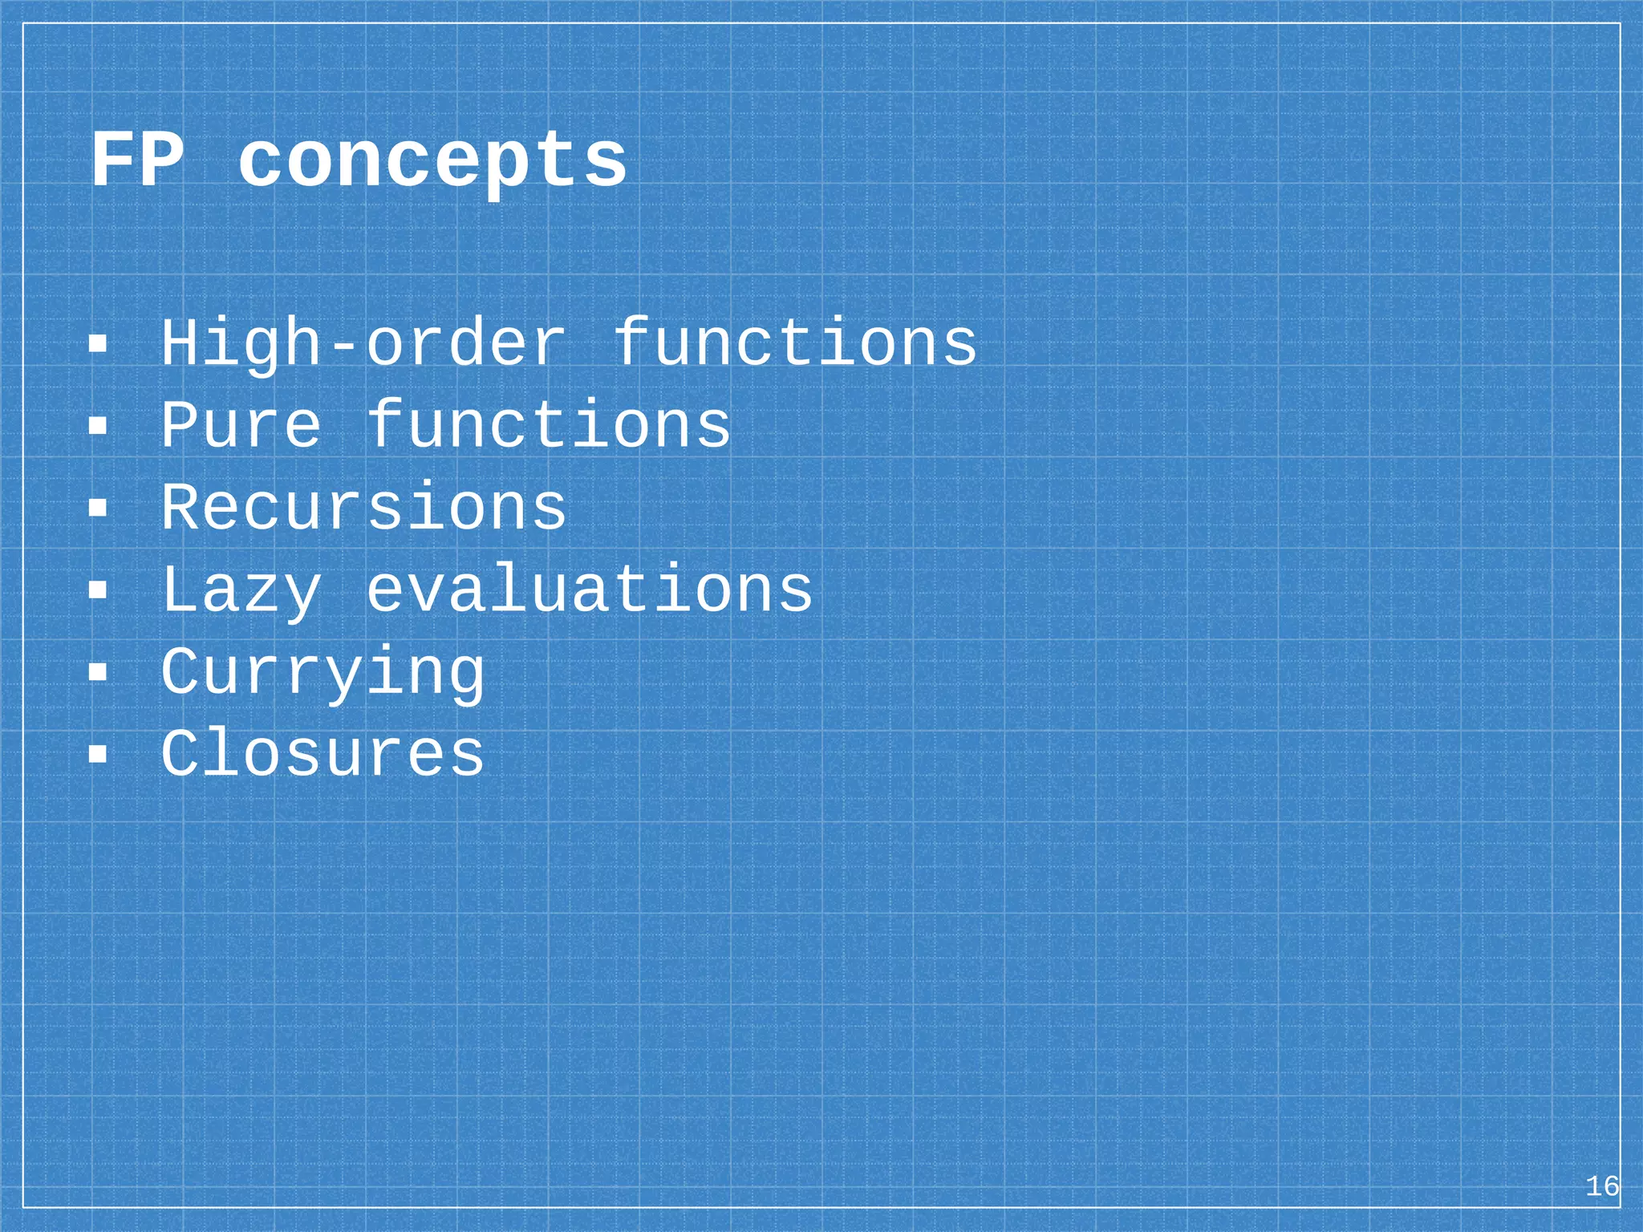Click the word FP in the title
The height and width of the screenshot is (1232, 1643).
point(137,160)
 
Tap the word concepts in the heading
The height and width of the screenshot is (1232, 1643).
point(432,163)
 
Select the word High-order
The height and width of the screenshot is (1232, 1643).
point(364,344)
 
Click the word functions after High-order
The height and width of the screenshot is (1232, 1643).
point(795,342)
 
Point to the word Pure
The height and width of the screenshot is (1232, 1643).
point(241,424)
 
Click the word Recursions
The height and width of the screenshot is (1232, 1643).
point(364,507)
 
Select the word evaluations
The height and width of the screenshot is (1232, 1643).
point(590,590)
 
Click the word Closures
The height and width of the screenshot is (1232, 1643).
point(323,753)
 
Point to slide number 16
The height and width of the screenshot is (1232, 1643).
point(1602,1185)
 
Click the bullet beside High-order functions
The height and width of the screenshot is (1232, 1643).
point(98,344)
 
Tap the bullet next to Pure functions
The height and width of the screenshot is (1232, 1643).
point(98,426)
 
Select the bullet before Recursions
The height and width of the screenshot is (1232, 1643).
point(98,508)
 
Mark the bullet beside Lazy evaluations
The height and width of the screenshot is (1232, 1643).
point(98,590)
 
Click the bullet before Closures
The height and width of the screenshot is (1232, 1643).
point(98,754)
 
